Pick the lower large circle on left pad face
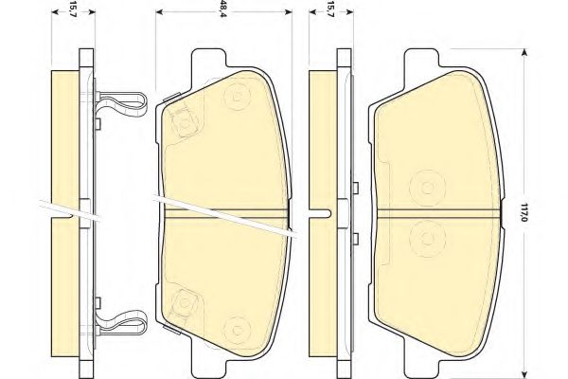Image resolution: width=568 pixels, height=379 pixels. [x=231, y=329]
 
